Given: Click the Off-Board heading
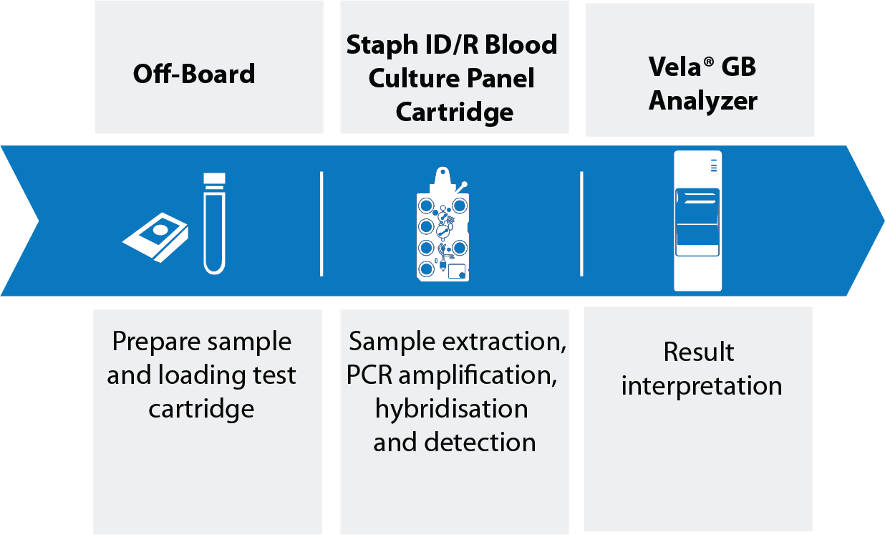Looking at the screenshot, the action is (194, 74).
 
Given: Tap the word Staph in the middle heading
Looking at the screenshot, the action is (382, 45).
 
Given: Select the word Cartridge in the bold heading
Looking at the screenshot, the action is (455, 113).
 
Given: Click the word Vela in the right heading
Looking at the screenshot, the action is (674, 67).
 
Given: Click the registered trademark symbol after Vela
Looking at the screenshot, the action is (709, 62).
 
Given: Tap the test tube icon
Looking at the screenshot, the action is (214, 223).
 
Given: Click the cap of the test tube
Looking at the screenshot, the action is (214, 179).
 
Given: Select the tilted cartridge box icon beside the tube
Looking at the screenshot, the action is (156, 237).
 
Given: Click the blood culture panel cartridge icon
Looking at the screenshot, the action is (443, 224).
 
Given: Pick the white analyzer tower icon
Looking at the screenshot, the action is (697, 221).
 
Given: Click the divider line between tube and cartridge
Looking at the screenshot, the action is (321, 223).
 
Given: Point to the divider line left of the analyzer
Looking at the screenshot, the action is (581, 223).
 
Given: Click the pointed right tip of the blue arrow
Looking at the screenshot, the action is (884, 221).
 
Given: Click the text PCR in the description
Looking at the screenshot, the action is (369, 375).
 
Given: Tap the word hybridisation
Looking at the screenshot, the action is (452, 408).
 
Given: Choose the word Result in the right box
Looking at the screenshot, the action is (699, 352).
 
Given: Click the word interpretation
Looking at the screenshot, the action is (701, 386).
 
